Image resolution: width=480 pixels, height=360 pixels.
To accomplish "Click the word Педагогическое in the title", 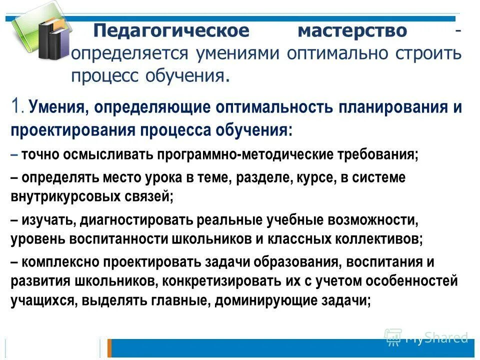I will pyautogui.click(x=171, y=31).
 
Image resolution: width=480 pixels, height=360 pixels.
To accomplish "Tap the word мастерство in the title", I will pyautogui.click(x=352, y=31).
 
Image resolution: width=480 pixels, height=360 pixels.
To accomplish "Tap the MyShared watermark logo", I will pyautogui.click(x=426, y=337).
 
